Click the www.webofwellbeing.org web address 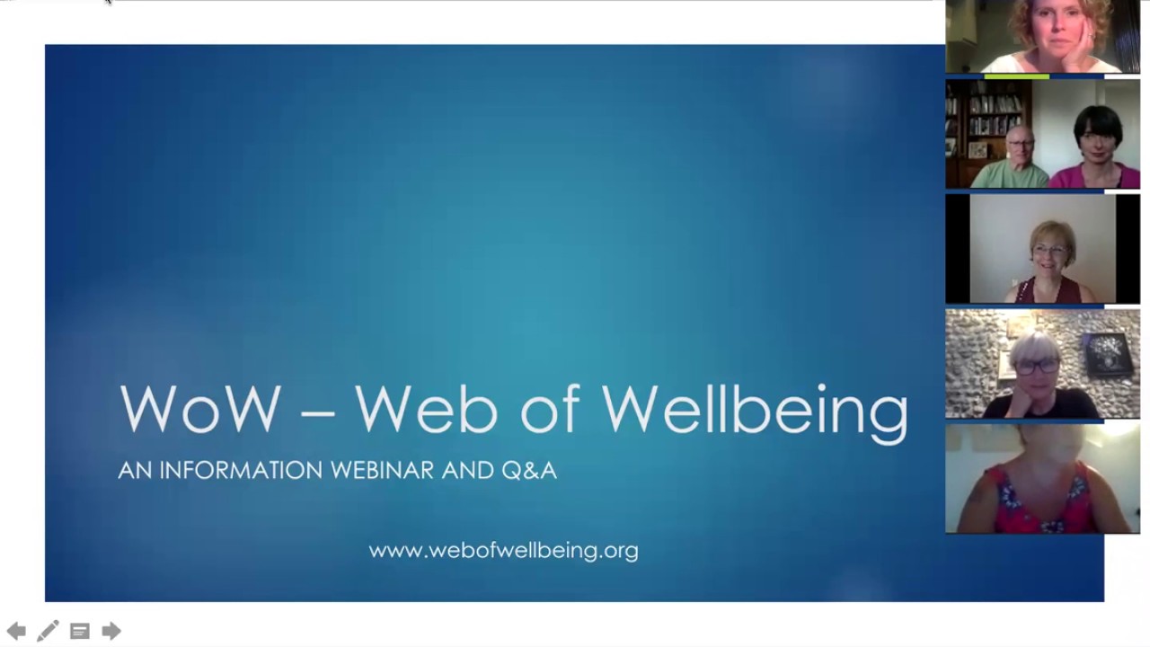point(503,550)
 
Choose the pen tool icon point(48,631)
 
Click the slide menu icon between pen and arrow point(80,631)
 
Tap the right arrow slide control point(111,631)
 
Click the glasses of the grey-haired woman point(1036,367)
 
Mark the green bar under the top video point(1016,76)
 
